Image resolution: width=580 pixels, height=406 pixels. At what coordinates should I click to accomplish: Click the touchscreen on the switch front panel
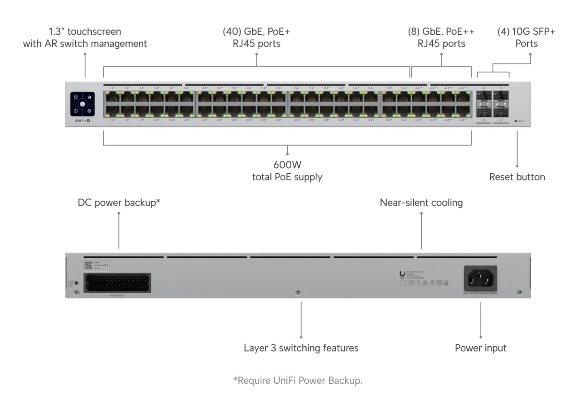tap(82, 103)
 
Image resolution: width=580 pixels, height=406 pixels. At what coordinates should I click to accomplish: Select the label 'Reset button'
tap(517, 177)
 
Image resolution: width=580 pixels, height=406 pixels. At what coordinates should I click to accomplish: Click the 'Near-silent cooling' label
tap(421, 203)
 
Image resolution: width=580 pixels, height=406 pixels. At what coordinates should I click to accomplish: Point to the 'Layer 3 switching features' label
tap(301, 348)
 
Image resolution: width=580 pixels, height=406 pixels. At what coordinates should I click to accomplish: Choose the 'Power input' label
tap(480, 348)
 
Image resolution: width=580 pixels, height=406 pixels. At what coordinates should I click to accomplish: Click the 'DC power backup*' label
tap(119, 203)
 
